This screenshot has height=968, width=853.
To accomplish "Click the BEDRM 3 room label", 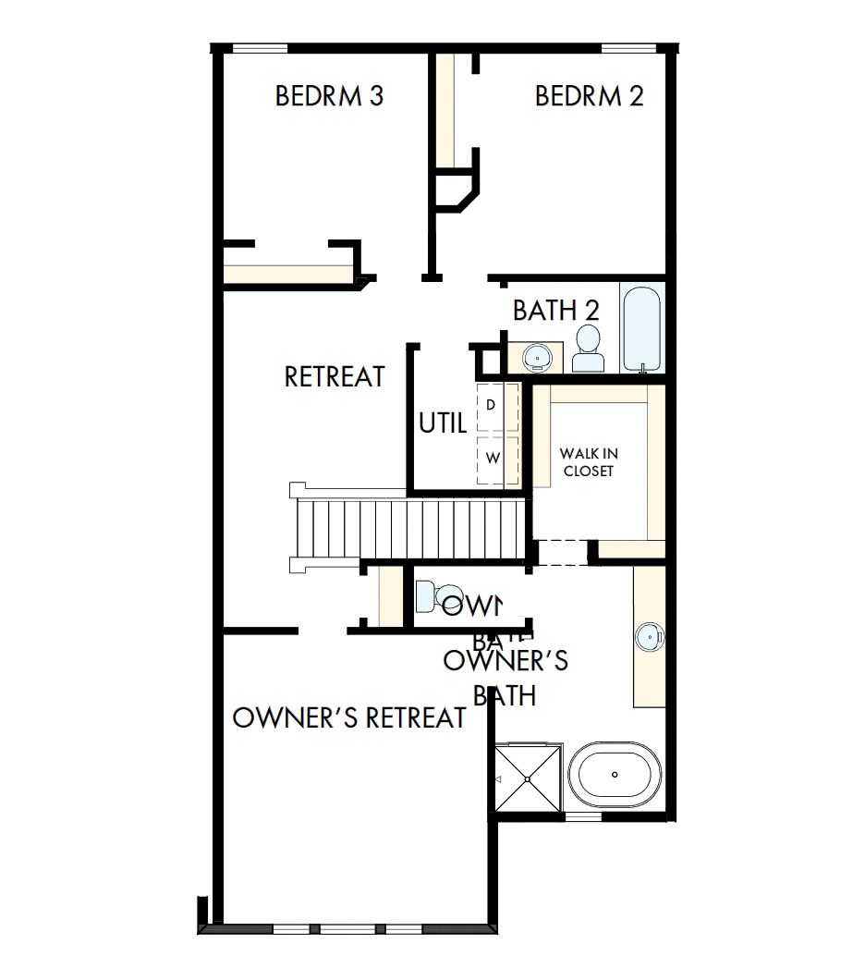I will pos(329,96).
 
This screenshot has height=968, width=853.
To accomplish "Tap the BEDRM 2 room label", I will pos(589,96).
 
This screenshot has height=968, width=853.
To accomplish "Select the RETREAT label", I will pos(335,377).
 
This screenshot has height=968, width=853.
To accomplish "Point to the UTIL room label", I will pos(443,424).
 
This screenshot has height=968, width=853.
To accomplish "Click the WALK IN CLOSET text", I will pos(589,462).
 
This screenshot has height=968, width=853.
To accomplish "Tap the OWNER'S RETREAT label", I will pos(349,718).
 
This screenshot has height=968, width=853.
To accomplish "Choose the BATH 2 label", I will pos(556,311).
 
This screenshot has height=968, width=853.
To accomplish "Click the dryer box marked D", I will pos(491,405).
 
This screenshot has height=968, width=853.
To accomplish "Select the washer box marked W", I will pos(492,458).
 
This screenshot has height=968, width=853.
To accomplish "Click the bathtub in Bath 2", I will pos(641,329).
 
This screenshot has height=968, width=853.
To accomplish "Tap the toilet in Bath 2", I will pos(587,349).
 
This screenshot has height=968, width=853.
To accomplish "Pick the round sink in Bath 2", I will pos(535,356).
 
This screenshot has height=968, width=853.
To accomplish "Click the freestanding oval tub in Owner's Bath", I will pos(614,775).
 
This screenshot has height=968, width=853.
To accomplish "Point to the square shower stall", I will pos(528,779).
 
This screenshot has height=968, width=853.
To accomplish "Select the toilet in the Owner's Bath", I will pos(435,595).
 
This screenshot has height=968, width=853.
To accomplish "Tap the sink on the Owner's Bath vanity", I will pos(651,636).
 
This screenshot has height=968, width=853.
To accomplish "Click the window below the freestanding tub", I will pos(583,816).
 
